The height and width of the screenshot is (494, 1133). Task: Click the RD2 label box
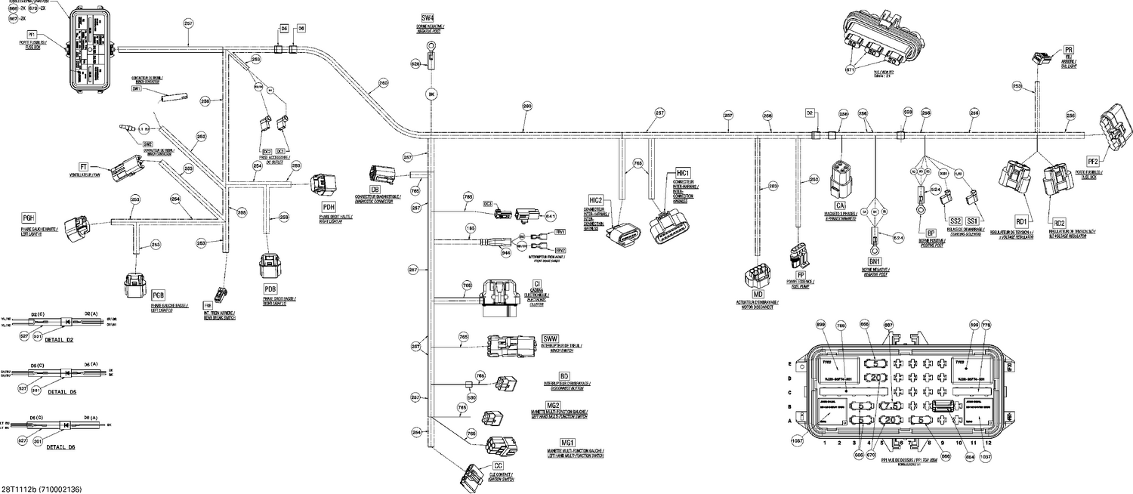(1059, 223)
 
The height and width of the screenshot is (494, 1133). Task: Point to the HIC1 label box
(684, 174)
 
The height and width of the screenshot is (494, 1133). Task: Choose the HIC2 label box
(596, 199)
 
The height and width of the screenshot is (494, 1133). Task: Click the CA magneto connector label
(839, 205)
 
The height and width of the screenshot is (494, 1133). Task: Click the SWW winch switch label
(551, 338)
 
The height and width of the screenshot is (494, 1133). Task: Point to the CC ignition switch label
(498, 466)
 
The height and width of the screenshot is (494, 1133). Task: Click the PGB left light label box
(159, 294)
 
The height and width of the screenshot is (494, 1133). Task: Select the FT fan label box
(85, 166)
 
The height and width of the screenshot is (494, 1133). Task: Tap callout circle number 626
(415, 65)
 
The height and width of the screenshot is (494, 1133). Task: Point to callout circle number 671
(852, 69)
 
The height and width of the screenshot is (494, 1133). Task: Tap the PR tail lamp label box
(1068, 51)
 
